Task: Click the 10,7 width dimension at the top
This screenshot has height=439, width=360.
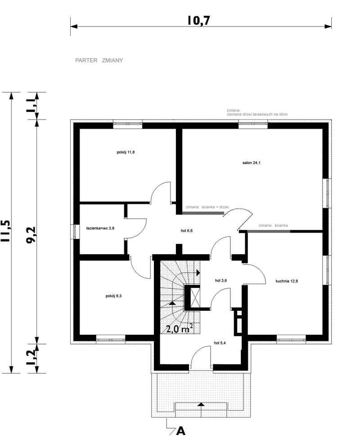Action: [198, 20]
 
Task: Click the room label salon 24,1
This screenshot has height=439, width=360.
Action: [251, 163]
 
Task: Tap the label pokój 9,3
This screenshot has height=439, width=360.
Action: [113, 296]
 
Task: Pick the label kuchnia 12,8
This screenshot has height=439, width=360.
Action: [287, 281]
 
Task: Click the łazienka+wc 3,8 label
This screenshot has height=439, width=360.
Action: [100, 228]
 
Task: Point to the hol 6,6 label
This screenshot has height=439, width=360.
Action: [187, 231]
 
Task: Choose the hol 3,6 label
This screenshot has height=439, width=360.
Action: [221, 281]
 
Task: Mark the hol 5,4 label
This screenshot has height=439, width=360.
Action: [220, 343]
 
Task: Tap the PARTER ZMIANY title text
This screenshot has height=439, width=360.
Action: [99, 60]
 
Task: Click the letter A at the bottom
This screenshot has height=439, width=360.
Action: [181, 431]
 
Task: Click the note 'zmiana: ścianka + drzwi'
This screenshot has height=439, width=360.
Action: [207, 207]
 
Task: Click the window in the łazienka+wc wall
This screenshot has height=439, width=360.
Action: [75, 232]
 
